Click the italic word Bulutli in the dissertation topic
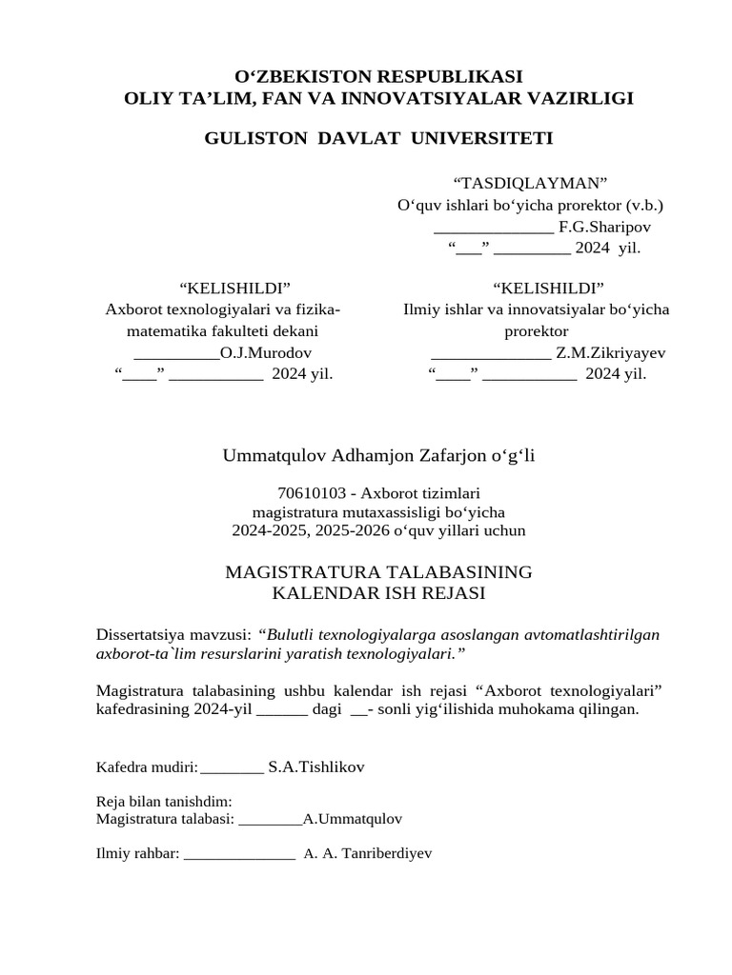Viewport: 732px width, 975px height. (x=292, y=634)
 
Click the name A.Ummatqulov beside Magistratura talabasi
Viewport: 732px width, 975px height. (x=353, y=819)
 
